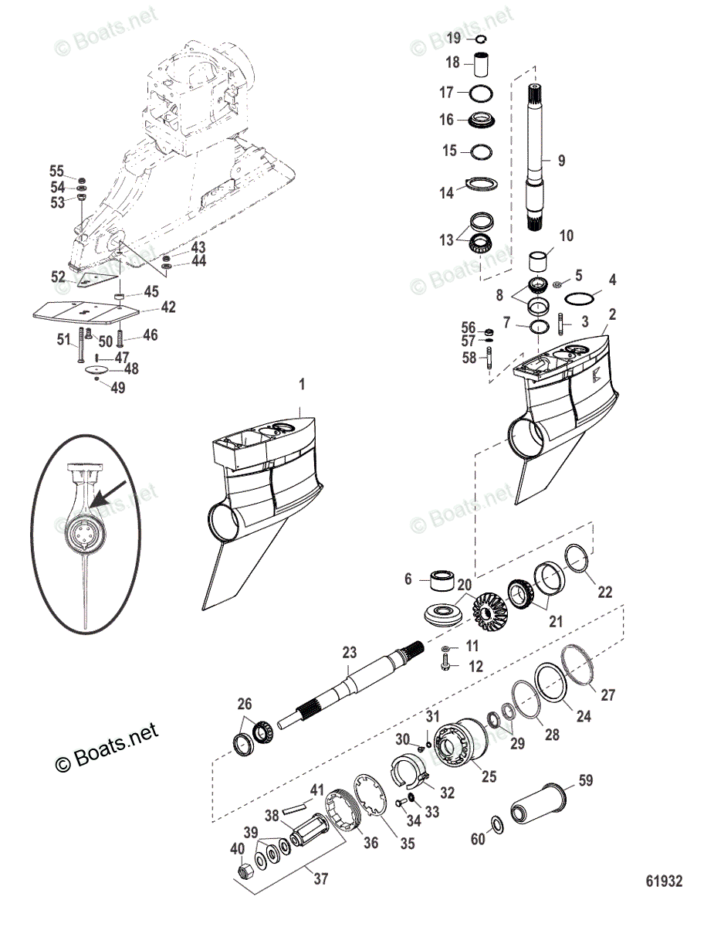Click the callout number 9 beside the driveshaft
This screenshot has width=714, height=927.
click(561, 161)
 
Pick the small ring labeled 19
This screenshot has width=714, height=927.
click(479, 39)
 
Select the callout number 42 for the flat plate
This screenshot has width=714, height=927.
click(168, 307)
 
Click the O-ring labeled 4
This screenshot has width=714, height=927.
click(583, 298)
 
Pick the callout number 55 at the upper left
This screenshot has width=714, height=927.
click(56, 171)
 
